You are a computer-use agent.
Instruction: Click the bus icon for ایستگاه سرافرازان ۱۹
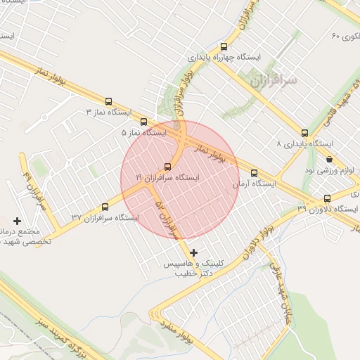[167, 167]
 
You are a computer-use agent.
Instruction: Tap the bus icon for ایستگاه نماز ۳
[108, 101]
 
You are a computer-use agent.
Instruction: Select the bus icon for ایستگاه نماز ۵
[144, 121]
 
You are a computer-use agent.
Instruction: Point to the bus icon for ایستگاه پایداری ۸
[304, 132]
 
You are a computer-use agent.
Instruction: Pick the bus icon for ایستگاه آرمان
[254, 173]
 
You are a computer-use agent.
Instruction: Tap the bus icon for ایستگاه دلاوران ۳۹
[327, 198]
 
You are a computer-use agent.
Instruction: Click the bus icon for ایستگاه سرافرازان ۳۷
[105, 207]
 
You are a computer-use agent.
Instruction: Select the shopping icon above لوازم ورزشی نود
[330, 159]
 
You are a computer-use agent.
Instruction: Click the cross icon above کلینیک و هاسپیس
[194, 252]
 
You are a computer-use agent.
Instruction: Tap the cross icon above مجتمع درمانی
[18, 221]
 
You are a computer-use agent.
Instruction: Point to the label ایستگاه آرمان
[254, 184]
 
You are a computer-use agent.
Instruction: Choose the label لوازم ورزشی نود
[329, 171]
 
